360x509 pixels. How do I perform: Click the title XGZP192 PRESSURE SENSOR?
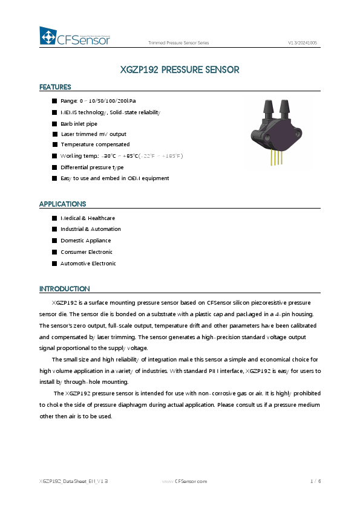180,70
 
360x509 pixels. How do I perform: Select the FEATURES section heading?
55,87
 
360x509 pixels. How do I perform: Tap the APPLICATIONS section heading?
62,204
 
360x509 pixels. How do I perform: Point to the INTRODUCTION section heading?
64,288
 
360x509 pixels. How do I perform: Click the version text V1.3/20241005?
303,43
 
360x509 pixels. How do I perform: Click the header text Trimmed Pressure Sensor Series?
178,43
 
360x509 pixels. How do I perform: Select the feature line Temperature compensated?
95,145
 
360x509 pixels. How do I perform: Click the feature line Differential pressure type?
92,167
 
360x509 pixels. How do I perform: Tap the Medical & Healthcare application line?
88,218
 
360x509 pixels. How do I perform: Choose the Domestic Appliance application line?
86,241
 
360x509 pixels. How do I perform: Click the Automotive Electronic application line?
88,264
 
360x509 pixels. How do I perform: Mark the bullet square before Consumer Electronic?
54,252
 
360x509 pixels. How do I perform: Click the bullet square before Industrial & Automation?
54,230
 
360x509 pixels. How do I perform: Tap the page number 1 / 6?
315,481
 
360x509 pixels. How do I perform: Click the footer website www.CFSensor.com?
185,481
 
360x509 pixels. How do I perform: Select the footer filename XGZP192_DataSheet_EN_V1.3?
73,481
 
